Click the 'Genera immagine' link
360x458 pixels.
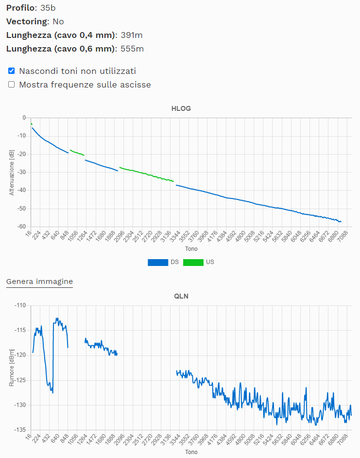[x=39, y=282]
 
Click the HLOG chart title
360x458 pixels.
[x=181, y=108]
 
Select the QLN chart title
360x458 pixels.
[x=181, y=296]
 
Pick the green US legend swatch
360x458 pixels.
[x=193, y=262]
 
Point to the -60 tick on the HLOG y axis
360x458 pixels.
[x=21, y=227]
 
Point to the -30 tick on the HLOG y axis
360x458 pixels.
[x=21, y=172]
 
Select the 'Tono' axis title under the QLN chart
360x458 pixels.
[x=191, y=452]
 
